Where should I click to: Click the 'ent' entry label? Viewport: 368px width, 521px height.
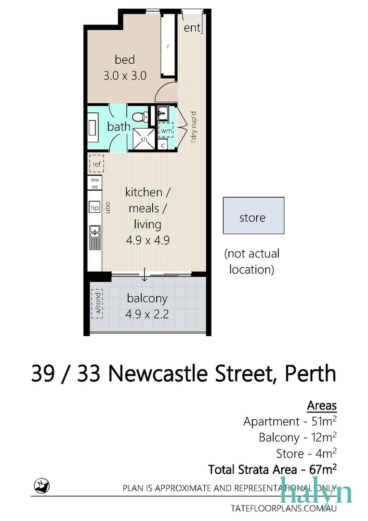point(192,28)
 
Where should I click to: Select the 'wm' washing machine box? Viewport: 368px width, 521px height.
point(166,130)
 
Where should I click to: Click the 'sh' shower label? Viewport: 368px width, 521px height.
point(144,140)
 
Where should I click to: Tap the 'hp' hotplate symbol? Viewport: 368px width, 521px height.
point(95,207)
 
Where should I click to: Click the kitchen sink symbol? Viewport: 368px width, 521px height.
point(95,236)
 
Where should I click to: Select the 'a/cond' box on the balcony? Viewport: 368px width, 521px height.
point(98,303)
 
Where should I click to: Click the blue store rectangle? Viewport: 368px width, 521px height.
point(253,216)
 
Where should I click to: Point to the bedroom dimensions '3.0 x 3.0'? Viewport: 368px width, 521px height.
point(125,76)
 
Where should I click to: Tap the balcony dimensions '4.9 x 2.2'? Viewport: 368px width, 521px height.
point(147,314)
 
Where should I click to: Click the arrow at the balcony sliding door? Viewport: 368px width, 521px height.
point(145,276)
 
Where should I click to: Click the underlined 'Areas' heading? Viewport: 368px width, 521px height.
point(322,405)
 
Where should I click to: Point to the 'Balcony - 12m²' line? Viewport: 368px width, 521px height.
point(297,438)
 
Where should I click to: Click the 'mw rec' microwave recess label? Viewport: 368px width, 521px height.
point(94,183)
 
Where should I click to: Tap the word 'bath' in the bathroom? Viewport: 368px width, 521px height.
point(118,127)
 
